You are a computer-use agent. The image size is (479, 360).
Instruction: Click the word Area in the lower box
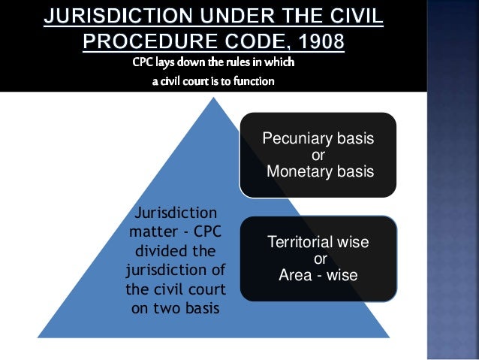(295, 274)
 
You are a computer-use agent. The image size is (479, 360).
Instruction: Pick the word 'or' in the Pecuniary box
(318, 156)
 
